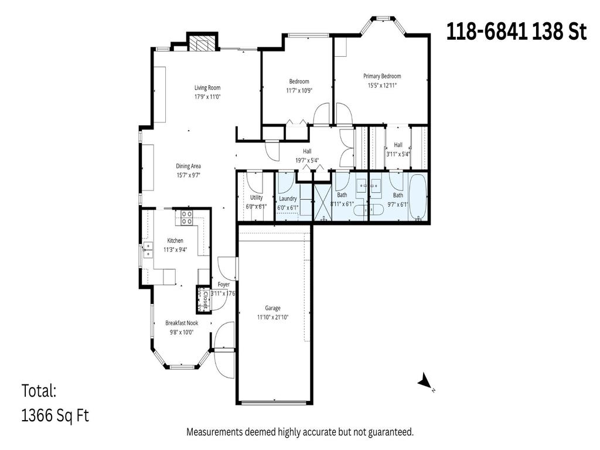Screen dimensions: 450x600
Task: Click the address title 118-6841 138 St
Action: tap(516, 32)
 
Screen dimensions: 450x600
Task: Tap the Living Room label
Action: tap(207, 88)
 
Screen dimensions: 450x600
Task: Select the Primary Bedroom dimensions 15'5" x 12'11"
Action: tap(381, 86)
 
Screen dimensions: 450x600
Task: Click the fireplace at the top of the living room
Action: tap(203, 43)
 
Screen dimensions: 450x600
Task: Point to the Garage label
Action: tap(272, 308)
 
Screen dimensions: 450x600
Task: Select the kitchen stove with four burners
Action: tap(187, 218)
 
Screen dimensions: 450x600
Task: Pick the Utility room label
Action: tap(256, 198)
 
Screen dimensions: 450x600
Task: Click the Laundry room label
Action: tap(287, 199)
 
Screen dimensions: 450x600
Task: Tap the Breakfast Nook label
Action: tap(181, 323)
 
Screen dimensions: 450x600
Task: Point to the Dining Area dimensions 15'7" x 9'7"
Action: tap(188, 175)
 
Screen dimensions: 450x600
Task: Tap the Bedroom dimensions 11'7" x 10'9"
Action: tap(299, 91)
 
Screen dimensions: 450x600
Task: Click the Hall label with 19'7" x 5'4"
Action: tap(307, 151)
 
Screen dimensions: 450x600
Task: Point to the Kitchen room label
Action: tap(175, 241)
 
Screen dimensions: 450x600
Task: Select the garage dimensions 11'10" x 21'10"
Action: tap(272, 318)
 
